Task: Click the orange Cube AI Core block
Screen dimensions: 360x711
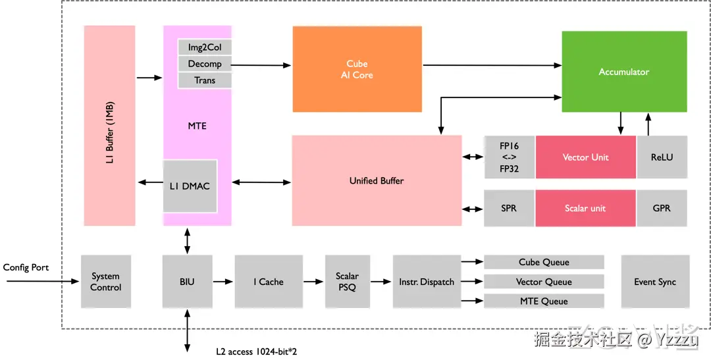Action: [357, 69]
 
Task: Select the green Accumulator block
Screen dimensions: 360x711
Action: [623, 72]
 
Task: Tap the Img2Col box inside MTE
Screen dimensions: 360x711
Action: [205, 47]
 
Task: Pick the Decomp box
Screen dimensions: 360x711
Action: [205, 64]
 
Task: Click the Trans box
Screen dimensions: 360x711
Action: [205, 80]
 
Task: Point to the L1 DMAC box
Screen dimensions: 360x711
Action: [190, 186]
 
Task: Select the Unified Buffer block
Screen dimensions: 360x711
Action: [377, 180]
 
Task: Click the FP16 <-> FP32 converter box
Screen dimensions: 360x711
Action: [509, 157]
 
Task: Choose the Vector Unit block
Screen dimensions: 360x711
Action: [585, 157]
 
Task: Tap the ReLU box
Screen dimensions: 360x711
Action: [662, 157]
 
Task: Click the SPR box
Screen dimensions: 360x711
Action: [509, 208]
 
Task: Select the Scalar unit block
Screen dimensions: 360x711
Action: [585, 208]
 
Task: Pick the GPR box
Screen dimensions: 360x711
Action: [662, 208]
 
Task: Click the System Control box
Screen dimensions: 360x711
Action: [105, 282]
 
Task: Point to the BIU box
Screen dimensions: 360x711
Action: [187, 282]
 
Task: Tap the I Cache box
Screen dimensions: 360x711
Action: [268, 282]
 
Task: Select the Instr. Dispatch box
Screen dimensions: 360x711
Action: [426, 282]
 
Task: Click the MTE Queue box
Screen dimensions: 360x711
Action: [544, 301]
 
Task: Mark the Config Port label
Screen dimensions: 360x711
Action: [26, 267]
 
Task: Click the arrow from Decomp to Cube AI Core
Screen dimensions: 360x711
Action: [261, 64]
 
